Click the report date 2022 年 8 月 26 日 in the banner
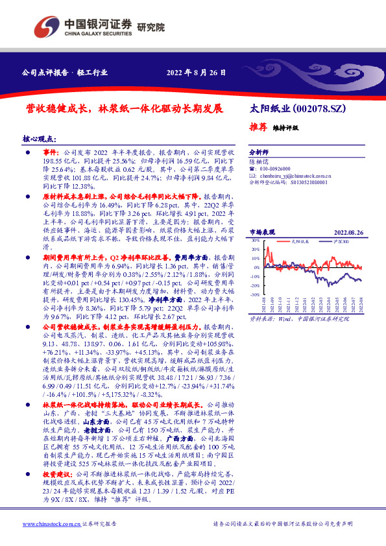[x=197, y=73]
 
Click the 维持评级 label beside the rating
[x=285, y=128]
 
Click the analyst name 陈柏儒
[x=260, y=160]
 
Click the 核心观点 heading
[x=40, y=139]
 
